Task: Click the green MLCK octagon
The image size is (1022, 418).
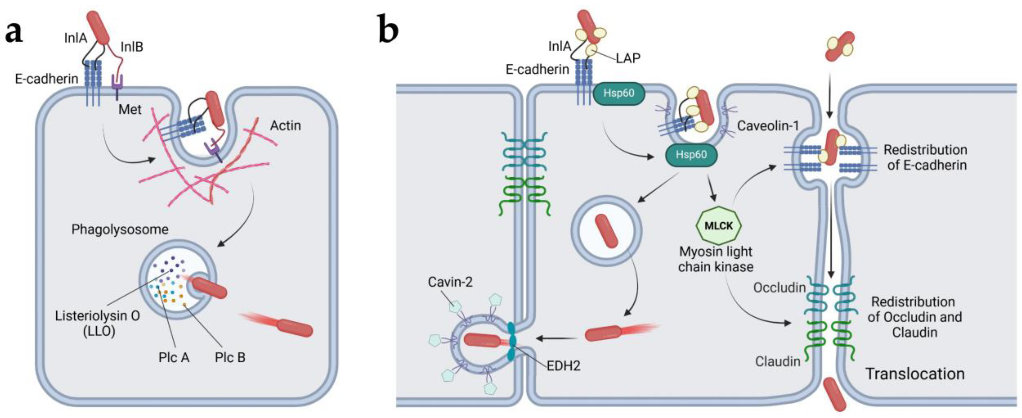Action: point(718,225)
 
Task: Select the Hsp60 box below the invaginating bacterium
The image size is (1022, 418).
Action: point(691,155)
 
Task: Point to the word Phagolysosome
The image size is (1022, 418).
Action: point(120,229)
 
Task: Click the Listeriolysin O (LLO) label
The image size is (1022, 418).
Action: point(97,323)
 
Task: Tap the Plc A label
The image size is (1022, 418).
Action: point(174,357)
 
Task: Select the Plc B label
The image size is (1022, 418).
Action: point(230,357)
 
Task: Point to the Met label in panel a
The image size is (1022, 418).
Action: point(130,109)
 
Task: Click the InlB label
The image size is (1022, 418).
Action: point(132,47)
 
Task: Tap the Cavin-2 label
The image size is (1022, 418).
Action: point(450,282)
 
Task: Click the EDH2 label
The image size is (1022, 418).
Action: point(563,366)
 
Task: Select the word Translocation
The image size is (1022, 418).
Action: point(915,374)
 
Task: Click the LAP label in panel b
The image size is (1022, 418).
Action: point(628,58)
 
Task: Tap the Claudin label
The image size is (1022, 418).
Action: point(778,361)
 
